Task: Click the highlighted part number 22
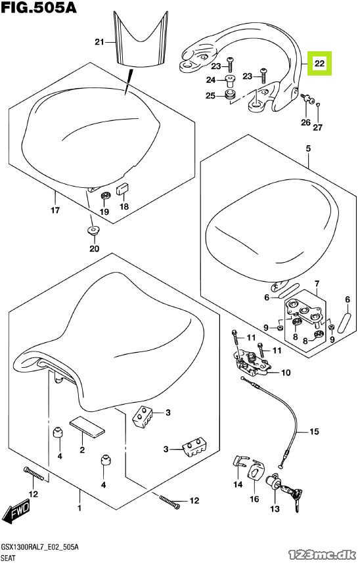(319, 64)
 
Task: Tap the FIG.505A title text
(39, 7)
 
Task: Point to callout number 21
(99, 42)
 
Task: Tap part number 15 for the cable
(314, 431)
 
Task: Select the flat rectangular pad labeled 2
(87, 426)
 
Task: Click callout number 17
(55, 210)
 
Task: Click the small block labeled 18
(122, 189)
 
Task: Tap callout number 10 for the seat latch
(286, 372)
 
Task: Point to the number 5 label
(308, 148)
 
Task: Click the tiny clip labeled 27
(319, 105)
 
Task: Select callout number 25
(210, 96)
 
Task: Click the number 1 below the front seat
(79, 508)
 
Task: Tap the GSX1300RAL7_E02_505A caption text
(40, 547)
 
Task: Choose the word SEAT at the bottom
(9, 558)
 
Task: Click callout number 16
(254, 499)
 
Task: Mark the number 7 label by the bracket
(317, 284)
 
